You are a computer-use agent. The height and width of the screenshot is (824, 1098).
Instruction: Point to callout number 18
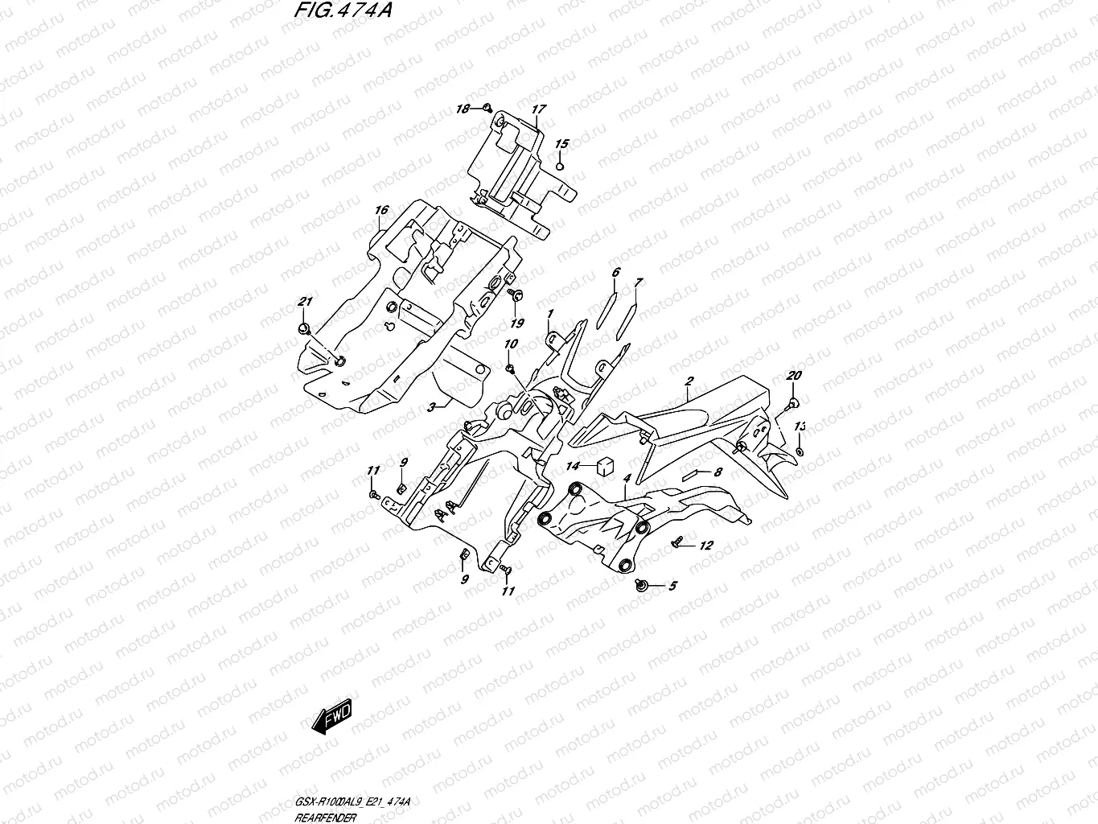[463, 108]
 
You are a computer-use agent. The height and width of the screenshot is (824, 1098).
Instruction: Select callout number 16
[381, 211]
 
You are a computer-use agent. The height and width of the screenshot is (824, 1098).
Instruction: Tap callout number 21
[304, 302]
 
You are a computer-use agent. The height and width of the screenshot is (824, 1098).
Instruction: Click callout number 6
[615, 273]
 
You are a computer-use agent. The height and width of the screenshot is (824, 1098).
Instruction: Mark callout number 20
[794, 376]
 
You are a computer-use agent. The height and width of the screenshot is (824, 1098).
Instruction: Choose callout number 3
[431, 408]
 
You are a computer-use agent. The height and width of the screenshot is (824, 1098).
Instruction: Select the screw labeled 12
[678, 544]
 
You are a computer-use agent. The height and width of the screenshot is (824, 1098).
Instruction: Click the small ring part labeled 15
[561, 166]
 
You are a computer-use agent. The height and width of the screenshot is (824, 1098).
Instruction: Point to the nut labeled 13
[799, 451]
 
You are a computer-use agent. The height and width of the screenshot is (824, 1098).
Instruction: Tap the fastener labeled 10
[511, 369]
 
